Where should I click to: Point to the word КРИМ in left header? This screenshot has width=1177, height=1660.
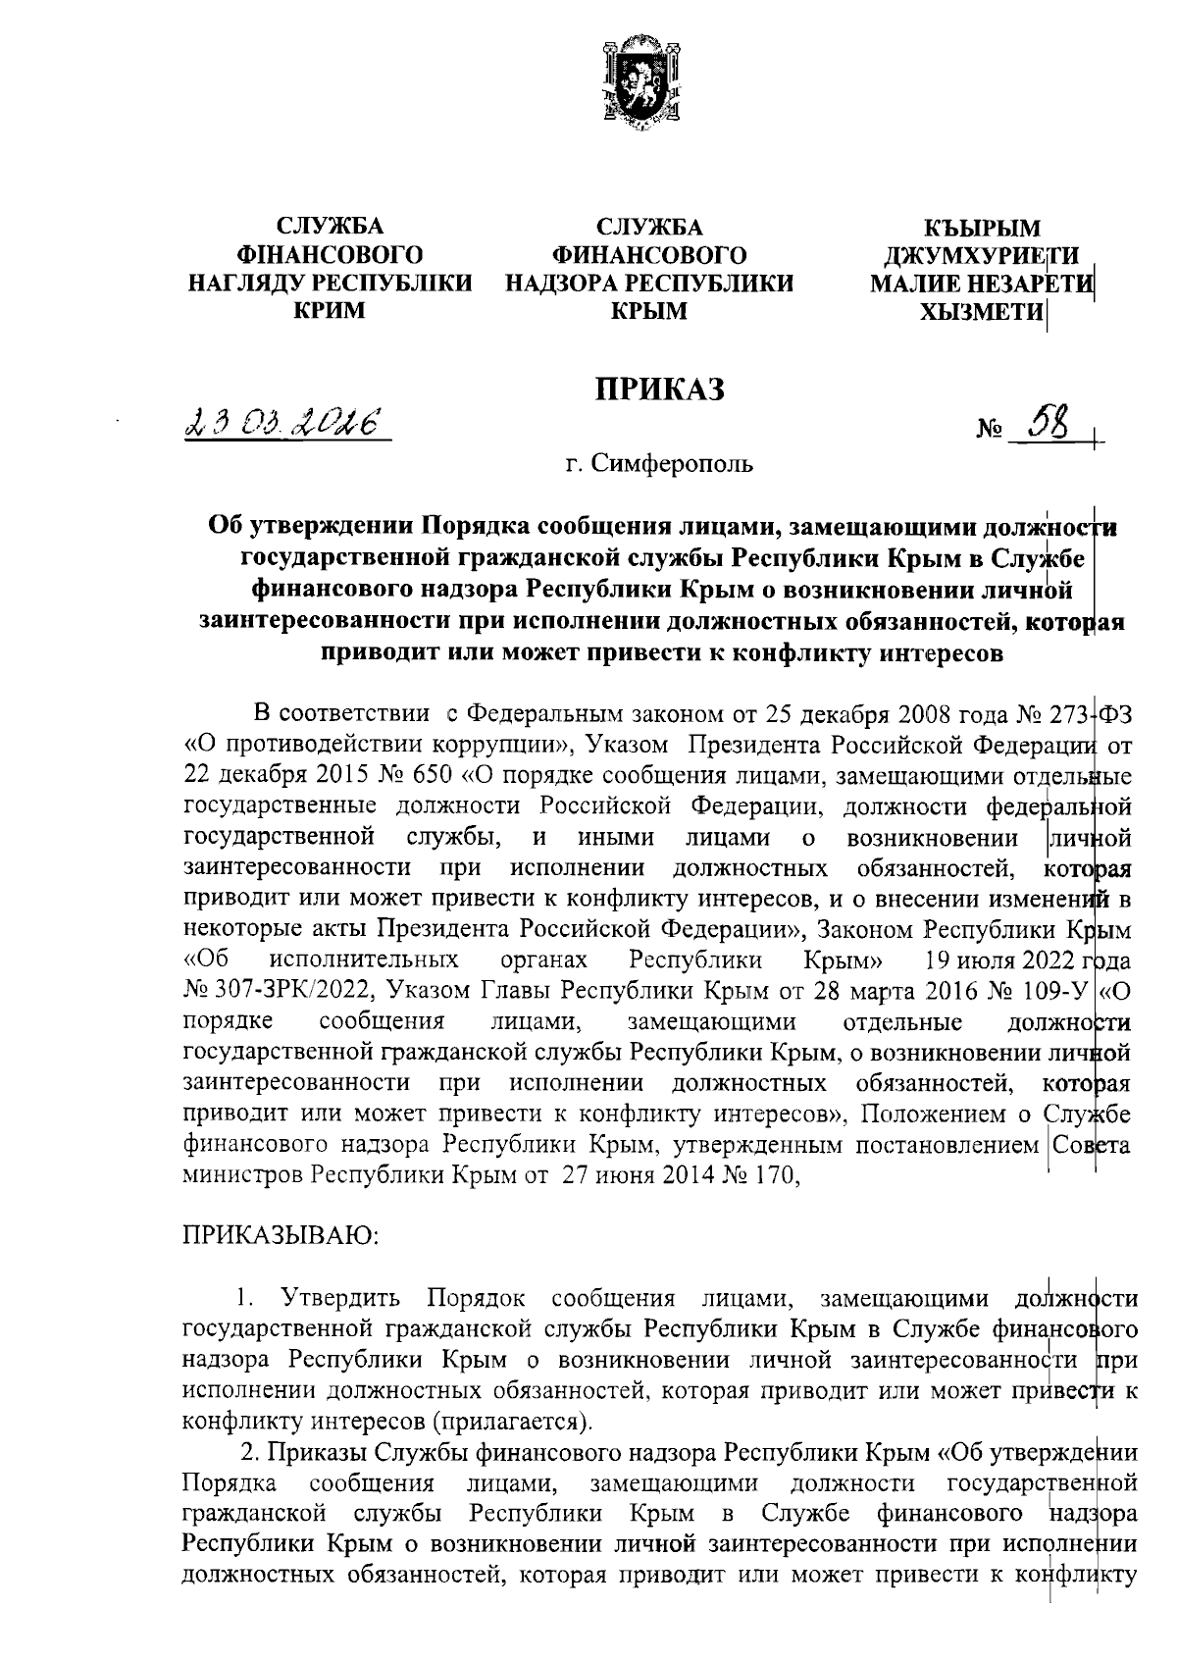click(329, 311)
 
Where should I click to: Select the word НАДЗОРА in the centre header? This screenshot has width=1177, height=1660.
click(561, 284)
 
